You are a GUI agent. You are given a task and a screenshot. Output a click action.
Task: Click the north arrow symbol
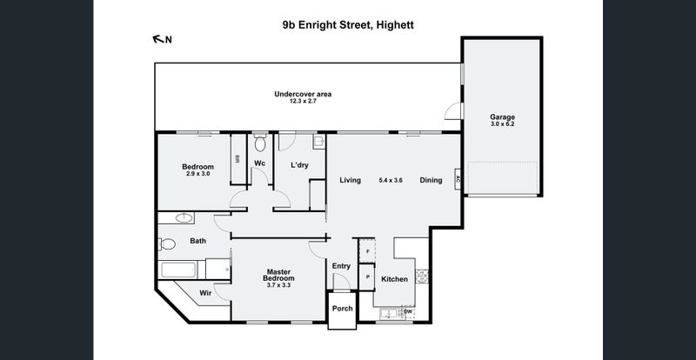[x=158, y=39]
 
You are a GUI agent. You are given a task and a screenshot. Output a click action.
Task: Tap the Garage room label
[x=502, y=117]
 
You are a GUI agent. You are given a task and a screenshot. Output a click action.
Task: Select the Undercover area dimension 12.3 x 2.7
[x=303, y=101]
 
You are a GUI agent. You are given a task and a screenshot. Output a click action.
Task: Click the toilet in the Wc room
[x=260, y=143]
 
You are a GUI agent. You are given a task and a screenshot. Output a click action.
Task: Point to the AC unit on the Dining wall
[x=458, y=180]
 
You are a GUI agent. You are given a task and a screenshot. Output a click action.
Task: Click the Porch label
[x=342, y=308]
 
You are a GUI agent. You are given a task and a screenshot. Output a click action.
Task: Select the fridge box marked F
[x=366, y=250]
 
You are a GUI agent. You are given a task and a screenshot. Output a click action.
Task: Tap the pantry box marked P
[x=366, y=277]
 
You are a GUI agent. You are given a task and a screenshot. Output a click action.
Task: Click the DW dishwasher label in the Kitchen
[x=408, y=312]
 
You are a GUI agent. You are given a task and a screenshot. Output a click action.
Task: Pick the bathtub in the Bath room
[x=177, y=270]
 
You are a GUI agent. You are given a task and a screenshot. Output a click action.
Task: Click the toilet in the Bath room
[x=166, y=243]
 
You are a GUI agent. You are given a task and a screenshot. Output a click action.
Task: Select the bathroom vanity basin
[x=183, y=218]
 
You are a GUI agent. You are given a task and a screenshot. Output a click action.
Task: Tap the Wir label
[x=205, y=293]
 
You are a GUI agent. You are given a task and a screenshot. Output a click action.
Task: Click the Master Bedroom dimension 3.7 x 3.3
[x=278, y=285]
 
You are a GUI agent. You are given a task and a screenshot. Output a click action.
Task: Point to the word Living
[x=351, y=180]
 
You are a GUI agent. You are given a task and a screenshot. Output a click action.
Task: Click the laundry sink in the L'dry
[x=318, y=142]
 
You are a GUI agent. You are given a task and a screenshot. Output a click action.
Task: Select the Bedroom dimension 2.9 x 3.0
[x=197, y=174]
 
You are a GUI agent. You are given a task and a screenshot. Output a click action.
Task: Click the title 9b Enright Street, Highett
[x=348, y=25]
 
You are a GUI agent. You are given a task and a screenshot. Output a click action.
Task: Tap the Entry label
[x=341, y=266]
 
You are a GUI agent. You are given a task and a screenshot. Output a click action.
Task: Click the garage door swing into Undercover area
[x=452, y=111]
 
